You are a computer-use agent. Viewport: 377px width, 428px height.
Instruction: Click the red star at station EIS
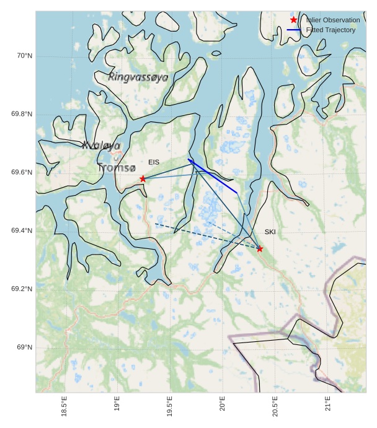pyautogui.click(x=143, y=178)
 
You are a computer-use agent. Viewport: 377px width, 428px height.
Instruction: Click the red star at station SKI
pyautogui.click(x=260, y=249)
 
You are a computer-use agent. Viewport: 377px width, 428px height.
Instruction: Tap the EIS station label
pyautogui.click(x=154, y=162)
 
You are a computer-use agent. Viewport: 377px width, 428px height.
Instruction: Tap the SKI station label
pyautogui.click(x=270, y=232)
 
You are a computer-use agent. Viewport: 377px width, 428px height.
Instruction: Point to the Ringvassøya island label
pyautogui.click(x=138, y=77)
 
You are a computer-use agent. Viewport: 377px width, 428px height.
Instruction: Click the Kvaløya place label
pyautogui.click(x=101, y=146)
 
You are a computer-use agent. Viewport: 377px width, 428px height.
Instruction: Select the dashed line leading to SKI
pyautogui.click(x=205, y=236)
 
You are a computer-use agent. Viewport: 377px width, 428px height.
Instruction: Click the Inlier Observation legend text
pyautogui.click(x=332, y=20)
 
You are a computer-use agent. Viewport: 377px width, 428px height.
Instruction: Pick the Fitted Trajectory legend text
pyautogui.click(x=331, y=30)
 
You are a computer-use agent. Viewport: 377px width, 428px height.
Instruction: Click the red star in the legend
pyautogui.click(x=294, y=20)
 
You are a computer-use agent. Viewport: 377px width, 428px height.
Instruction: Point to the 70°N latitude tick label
pyautogui.click(x=24, y=56)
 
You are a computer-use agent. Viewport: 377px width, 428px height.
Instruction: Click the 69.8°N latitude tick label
pyautogui.click(x=21, y=114)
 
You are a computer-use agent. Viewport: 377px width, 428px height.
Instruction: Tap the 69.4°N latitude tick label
pyautogui.click(x=21, y=231)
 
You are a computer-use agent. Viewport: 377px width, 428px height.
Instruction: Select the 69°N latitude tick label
pyautogui.click(x=24, y=347)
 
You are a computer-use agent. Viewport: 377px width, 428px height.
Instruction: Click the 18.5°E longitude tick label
pyautogui.click(x=64, y=406)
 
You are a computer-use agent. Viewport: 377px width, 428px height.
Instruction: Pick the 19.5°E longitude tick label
pyautogui.click(x=170, y=406)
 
